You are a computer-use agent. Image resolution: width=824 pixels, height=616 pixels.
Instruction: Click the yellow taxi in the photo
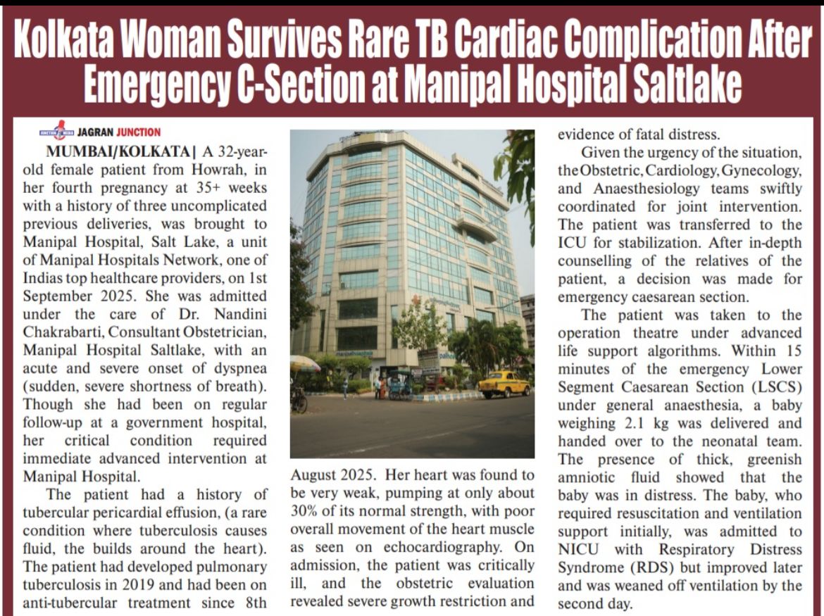coord(504,383)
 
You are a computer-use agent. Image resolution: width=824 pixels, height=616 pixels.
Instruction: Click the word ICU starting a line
coord(573,243)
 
